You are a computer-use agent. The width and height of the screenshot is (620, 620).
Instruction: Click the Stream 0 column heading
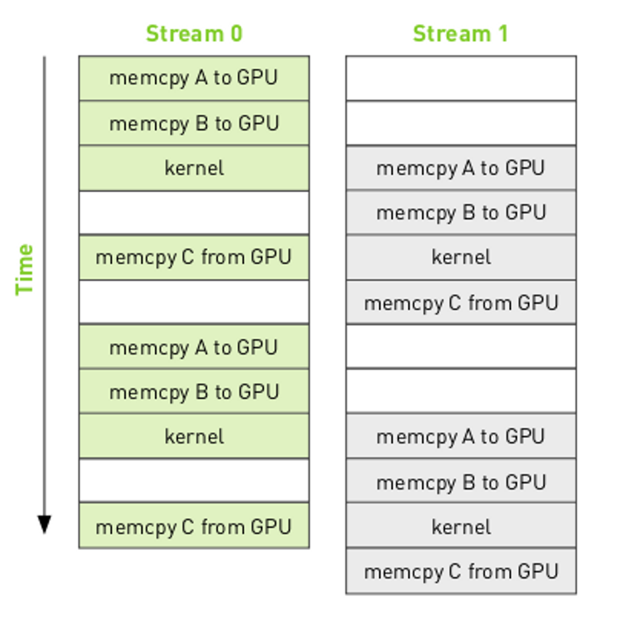pyautogui.click(x=194, y=34)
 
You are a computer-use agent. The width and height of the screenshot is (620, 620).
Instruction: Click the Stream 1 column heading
pyautogui.click(x=460, y=34)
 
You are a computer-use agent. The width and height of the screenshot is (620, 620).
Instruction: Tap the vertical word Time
pyautogui.click(x=25, y=269)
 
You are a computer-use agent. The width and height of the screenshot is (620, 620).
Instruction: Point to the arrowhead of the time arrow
pyautogui.click(x=45, y=526)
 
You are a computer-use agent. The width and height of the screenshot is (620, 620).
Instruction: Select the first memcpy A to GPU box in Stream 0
pyautogui.click(x=194, y=77)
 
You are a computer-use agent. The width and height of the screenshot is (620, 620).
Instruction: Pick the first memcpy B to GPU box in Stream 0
pyautogui.click(x=194, y=123)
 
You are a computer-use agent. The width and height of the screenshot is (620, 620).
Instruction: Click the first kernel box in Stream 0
pyautogui.click(x=194, y=167)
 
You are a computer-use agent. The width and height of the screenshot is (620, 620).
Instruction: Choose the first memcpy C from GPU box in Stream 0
pyautogui.click(x=194, y=257)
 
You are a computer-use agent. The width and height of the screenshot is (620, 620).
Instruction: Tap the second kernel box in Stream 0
pyautogui.click(x=194, y=436)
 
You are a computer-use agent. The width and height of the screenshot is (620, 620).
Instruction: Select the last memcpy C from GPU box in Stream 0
pyautogui.click(x=194, y=526)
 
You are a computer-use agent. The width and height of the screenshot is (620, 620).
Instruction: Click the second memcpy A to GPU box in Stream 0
pyautogui.click(x=194, y=347)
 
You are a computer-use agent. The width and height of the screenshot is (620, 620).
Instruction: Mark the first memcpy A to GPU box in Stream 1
pyautogui.click(x=460, y=167)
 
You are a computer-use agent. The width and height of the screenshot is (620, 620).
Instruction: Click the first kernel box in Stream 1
pyautogui.click(x=460, y=257)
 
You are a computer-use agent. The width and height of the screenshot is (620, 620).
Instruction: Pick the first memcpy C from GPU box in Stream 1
pyautogui.click(x=460, y=302)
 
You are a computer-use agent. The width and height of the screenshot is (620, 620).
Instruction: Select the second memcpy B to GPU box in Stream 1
pyautogui.click(x=460, y=482)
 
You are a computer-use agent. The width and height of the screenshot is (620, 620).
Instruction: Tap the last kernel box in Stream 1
pyautogui.click(x=460, y=526)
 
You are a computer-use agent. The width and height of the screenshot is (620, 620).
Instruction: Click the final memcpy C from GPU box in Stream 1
pyautogui.click(x=460, y=571)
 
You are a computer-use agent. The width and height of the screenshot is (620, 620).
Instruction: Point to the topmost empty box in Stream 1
pyautogui.click(x=460, y=77)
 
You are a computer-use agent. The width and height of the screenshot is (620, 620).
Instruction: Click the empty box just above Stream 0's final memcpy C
pyautogui.click(x=194, y=481)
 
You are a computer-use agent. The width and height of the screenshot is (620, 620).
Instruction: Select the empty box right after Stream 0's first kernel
pyautogui.click(x=194, y=213)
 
